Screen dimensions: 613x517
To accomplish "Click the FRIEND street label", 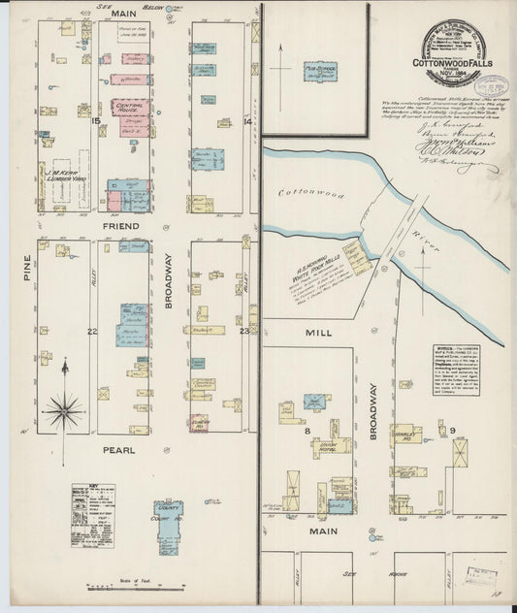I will [121, 226].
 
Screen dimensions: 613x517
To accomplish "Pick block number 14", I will [248, 121].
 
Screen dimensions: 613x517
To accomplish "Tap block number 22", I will [92, 332].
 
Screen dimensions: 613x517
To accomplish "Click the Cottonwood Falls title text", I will [456, 64].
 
